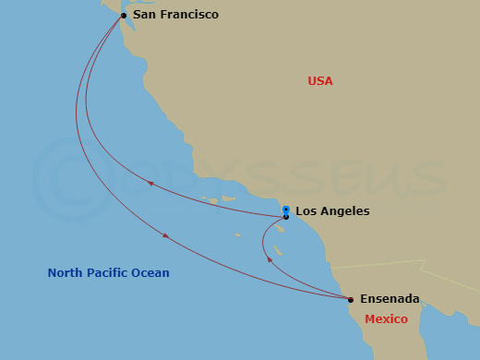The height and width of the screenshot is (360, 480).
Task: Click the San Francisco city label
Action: point(175,15)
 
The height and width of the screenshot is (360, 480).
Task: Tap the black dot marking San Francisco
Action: point(124,16)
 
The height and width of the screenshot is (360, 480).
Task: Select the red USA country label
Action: point(320,81)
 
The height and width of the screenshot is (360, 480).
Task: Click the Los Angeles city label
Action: point(332,211)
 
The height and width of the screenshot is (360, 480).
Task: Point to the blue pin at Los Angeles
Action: point(286,210)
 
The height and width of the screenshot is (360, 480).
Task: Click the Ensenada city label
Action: point(390,299)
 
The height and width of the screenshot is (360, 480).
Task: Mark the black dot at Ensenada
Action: point(351,300)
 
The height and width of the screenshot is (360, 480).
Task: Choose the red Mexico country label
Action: point(386,318)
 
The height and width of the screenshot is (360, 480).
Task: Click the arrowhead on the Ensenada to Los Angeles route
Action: point(270,260)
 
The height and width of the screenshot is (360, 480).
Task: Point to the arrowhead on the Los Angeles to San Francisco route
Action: point(150,184)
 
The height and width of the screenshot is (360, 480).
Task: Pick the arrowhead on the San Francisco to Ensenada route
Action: point(165,236)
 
